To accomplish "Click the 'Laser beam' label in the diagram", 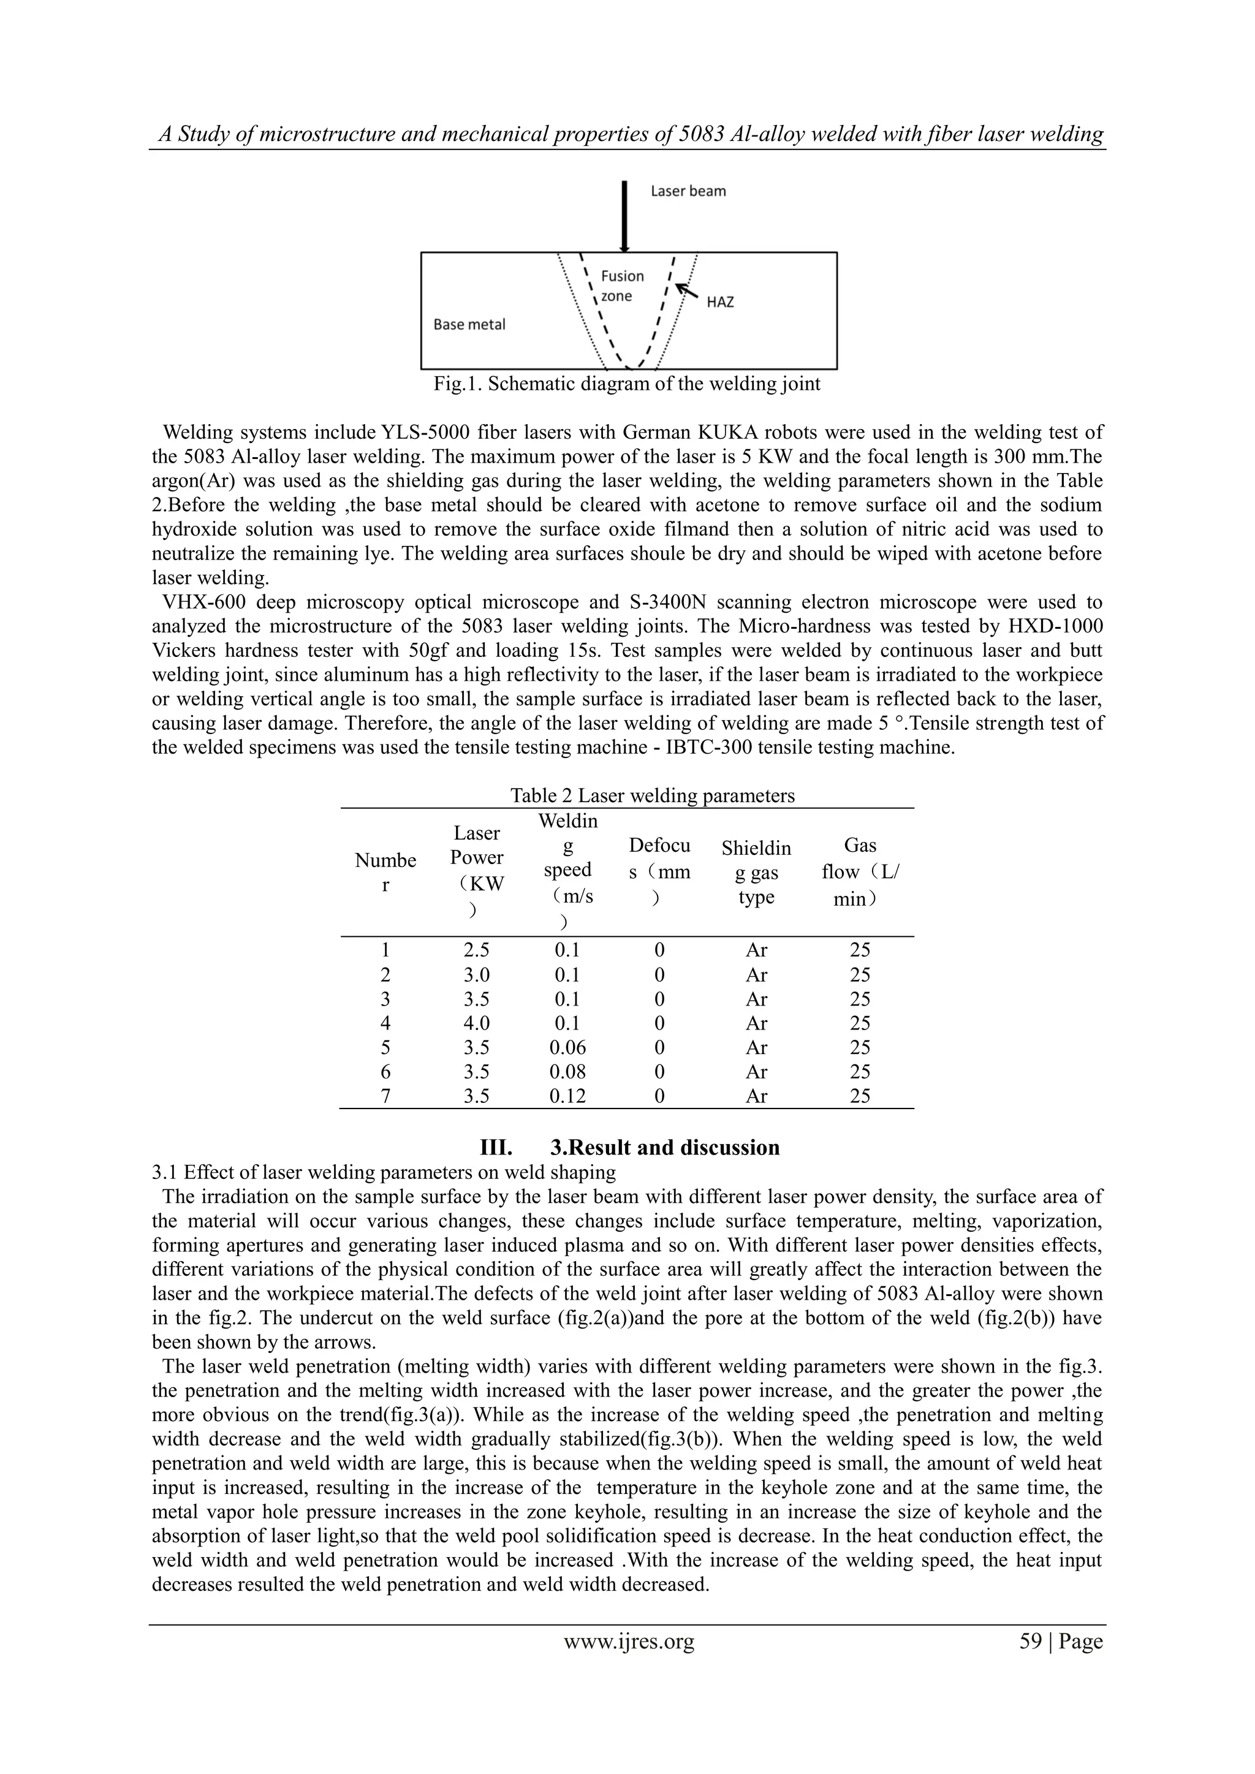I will coord(688,191).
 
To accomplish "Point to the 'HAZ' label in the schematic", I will coord(719,302).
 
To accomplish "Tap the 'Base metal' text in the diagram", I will coord(469,325).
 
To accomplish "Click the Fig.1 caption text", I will coord(627,384).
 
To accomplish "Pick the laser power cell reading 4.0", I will coord(477,1023).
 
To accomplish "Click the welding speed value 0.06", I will coord(567,1047).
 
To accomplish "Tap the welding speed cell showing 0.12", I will coord(567,1096).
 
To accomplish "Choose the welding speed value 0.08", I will coord(567,1072).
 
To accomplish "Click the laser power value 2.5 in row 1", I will coord(477,950).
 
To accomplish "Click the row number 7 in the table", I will coord(385,1096).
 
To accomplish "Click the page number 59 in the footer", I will coord(1030,1641).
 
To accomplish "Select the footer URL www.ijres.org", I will coord(628,1641).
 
